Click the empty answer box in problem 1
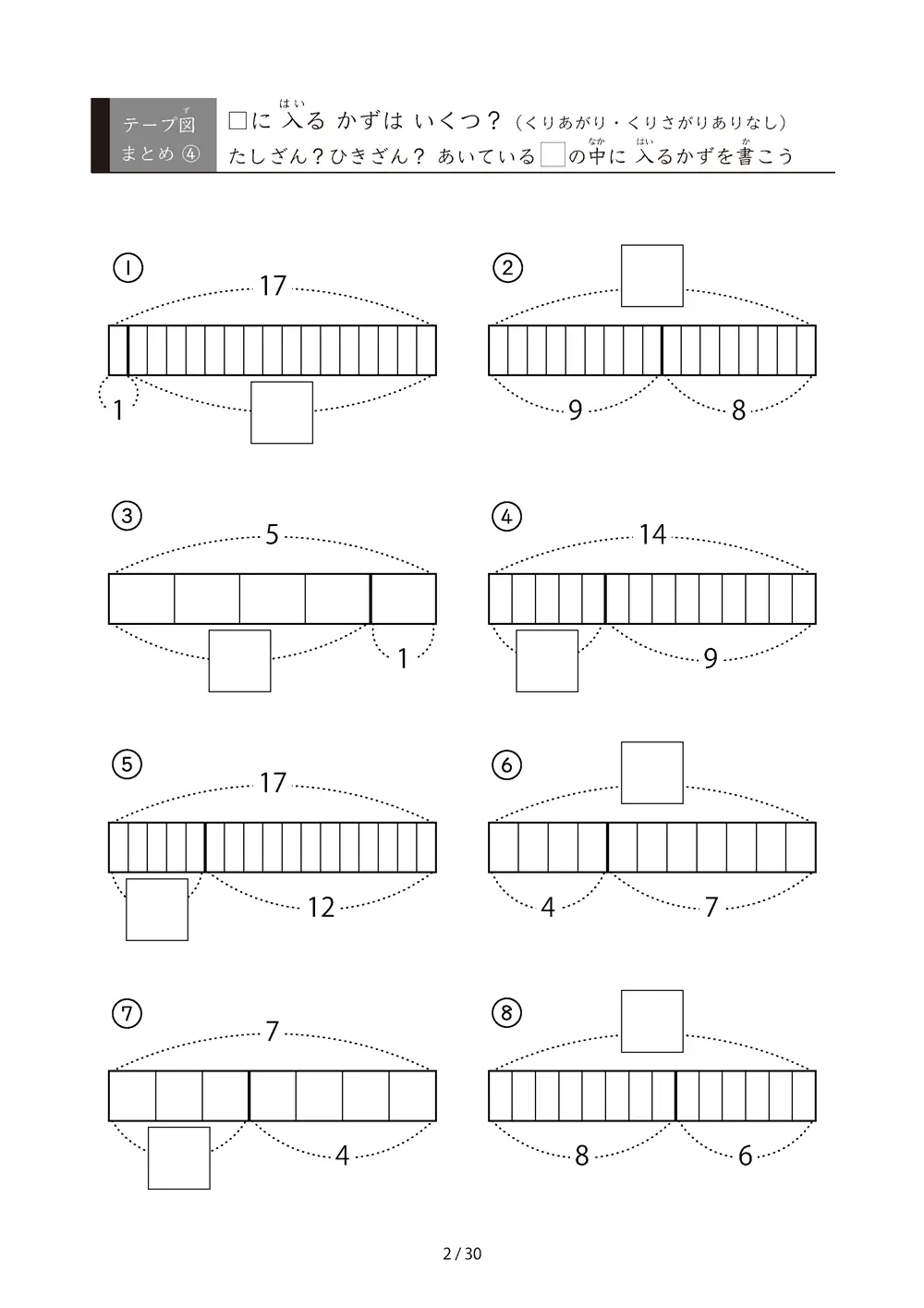pos(281,412)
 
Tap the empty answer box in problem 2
pos(651,275)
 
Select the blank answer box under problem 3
pos(239,660)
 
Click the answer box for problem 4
pos(546,660)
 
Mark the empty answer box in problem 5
pos(156,910)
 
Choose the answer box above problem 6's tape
pos(651,773)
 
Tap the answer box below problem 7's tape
pos(178,1158)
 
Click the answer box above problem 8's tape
pos(651,1021)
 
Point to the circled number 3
pos(127,516)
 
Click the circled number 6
pos(506,765)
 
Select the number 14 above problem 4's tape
pos(652,534)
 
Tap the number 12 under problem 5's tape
pos(321,908)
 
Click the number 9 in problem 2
pos(575,410)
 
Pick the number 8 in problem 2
pos(738,410)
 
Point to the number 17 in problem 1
pos(273,287)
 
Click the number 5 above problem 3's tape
pos(272,534)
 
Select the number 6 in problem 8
pos(745,1155)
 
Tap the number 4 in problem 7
pos(342,1155)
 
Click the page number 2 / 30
pos(462,1253)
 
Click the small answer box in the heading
pos(553,154)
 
